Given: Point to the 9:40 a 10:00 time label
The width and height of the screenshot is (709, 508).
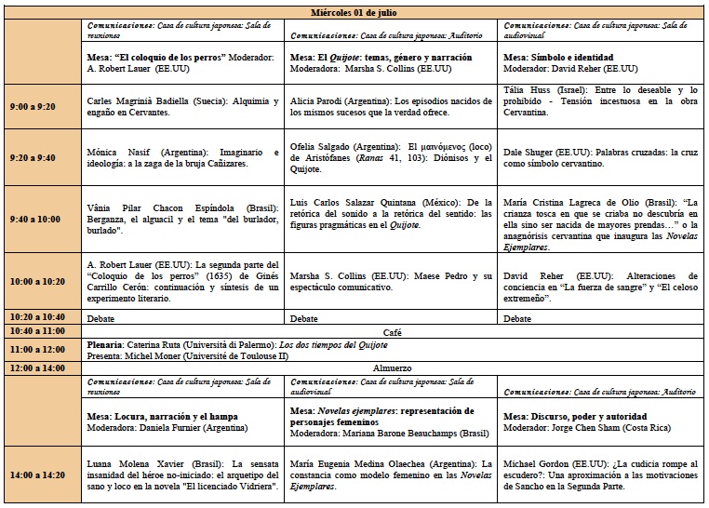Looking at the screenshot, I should [x=33, y=219].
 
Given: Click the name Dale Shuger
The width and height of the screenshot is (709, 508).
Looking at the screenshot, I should [x=528, y=153].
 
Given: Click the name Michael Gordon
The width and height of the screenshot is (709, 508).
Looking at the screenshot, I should [x=537, y=462].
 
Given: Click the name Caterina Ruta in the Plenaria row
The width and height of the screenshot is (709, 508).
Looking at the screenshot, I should [x=161, y=344].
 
